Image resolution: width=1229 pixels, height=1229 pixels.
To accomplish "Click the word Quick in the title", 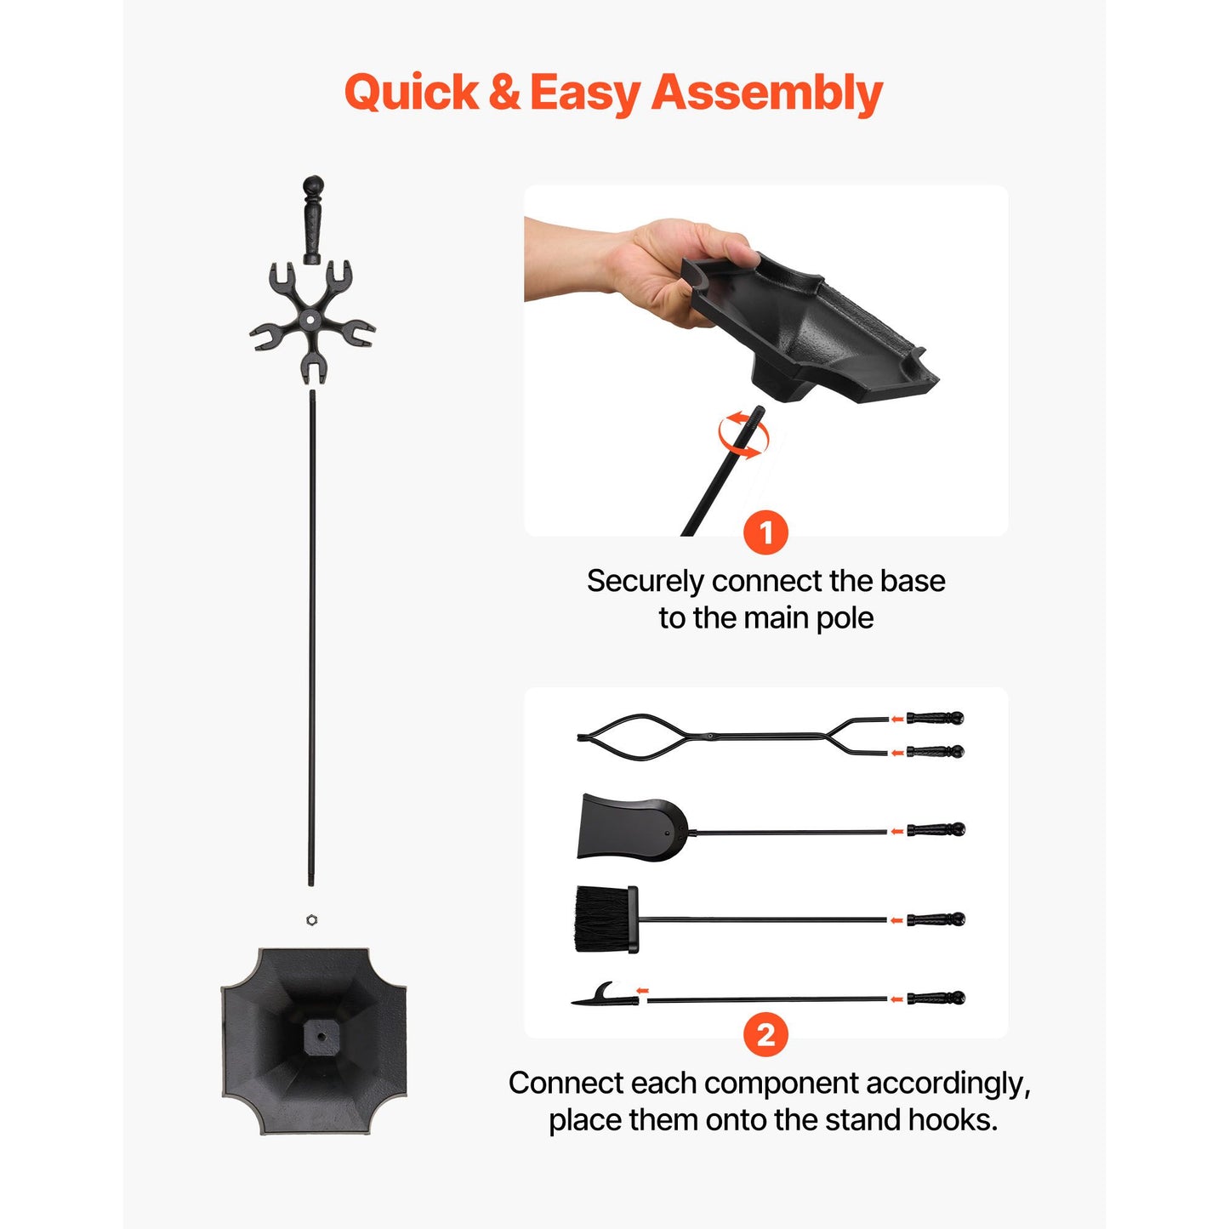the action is point(412,93).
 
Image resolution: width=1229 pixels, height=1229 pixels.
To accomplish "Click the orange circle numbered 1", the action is point(766,532).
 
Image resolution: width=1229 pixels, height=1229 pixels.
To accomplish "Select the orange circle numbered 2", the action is point(766,1034).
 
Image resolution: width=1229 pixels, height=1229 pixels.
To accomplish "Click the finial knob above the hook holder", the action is point(312,220).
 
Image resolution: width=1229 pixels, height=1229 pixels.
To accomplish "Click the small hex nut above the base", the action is point(311,919).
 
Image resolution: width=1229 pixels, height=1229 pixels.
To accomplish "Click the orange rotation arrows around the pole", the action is point(743,435).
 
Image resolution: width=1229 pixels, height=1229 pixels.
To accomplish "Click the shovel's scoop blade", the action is point(631,828).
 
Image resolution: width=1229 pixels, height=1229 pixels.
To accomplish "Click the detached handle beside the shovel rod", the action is point(935,830).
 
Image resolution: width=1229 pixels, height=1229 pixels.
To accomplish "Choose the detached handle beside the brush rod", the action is point(935,919).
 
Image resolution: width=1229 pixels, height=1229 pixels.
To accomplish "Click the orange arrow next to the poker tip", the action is point(643,991).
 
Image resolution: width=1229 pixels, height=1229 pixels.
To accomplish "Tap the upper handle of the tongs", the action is point(935,718).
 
